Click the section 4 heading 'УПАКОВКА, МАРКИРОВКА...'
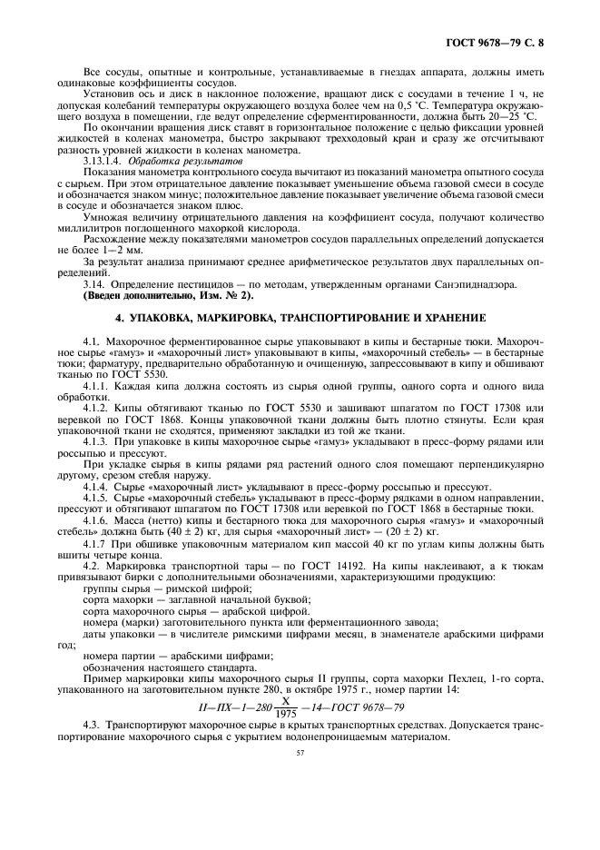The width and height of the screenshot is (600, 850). (300, 320)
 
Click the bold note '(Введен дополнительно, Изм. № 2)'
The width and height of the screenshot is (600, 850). (169, 297)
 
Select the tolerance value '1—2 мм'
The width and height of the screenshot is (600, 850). (115, 249)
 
